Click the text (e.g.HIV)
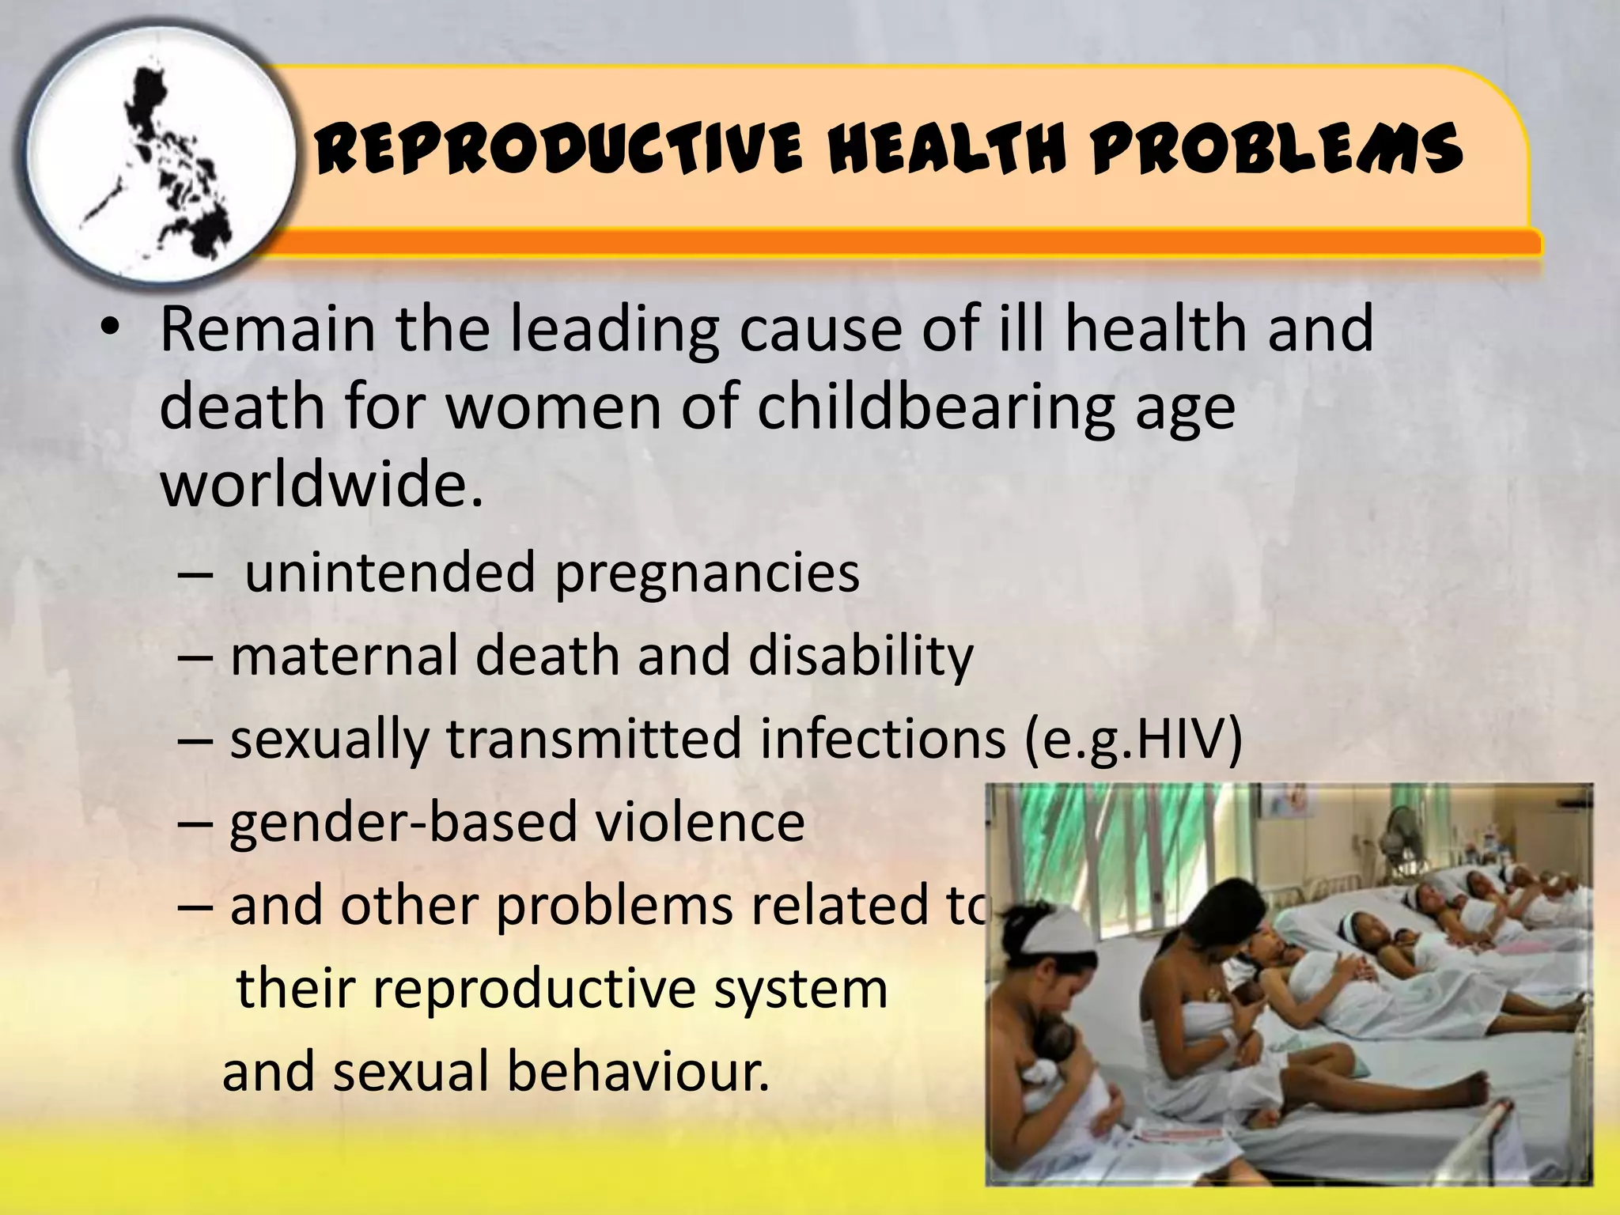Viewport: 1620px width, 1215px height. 1133,740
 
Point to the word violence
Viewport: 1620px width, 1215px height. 700,822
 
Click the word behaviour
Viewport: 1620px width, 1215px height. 638,1071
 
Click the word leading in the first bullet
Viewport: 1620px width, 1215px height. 614,331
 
